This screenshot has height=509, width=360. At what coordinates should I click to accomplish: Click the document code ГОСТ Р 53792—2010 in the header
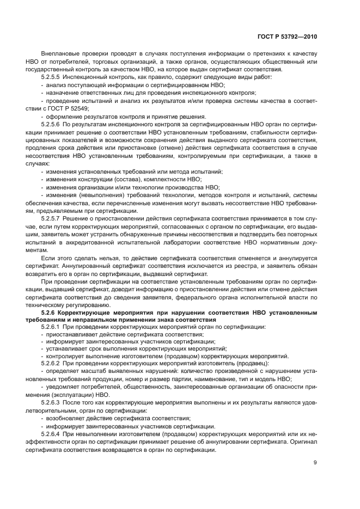[288, 36]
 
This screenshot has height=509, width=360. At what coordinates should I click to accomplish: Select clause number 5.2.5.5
[51, 77]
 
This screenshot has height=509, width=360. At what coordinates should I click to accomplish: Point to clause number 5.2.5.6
[51, 125]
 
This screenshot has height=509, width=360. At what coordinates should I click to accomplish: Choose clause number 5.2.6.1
[51, 327]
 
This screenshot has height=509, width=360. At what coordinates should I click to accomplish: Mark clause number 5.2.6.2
[51, 363]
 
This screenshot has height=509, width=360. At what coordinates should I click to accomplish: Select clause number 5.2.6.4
[51, 434]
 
